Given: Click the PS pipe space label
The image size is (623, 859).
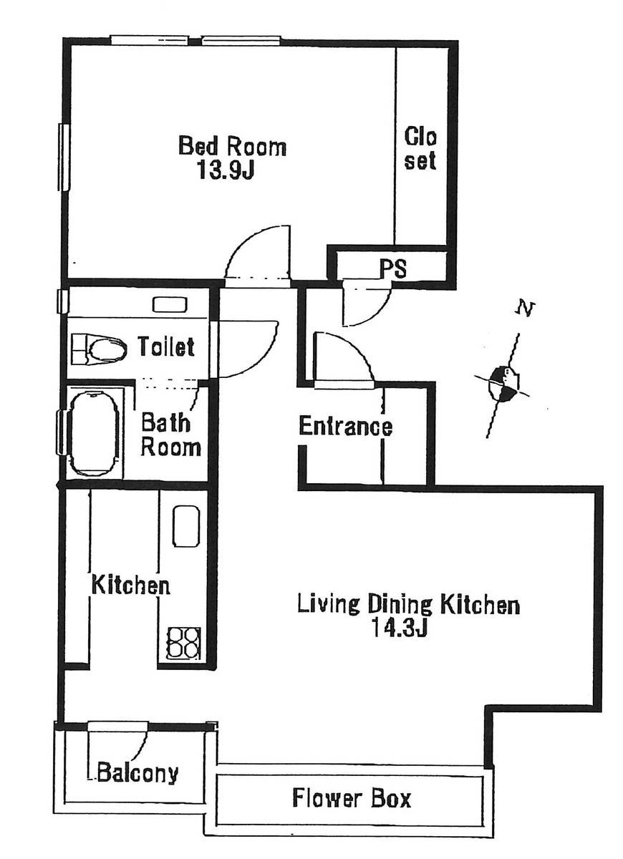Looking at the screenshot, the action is coord(393,268).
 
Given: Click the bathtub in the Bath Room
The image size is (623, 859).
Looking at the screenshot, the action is coord(94,433).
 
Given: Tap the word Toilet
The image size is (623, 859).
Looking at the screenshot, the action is coord(166,346).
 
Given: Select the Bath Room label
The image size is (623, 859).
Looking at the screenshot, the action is coord(170,435).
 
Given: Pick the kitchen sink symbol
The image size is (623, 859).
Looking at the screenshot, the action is coord(186,525).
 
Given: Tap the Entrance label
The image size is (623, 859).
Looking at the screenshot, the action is coord(346,426).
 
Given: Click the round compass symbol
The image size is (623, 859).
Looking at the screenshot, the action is coord(503,384).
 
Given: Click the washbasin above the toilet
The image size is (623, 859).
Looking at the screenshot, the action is coord(170,304).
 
